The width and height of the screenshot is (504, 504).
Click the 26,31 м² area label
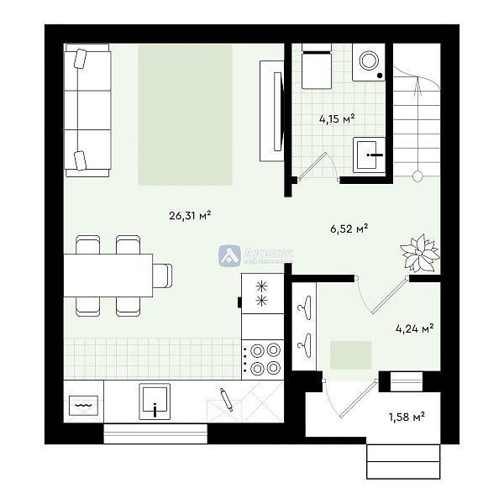[189, 215]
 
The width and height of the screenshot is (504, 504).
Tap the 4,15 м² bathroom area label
[336, 118]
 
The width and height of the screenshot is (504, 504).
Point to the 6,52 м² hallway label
[350, 228]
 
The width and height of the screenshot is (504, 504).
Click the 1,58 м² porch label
[406, 417]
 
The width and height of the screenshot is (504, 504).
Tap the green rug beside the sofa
[186, 114]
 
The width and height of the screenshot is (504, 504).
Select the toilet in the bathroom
[317, 68]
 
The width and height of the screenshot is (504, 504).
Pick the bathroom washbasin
[370, 155]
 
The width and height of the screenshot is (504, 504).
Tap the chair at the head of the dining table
[163, 276]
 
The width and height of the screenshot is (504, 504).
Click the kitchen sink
[155, 401]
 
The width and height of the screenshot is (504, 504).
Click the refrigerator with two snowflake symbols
[261, 293]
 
